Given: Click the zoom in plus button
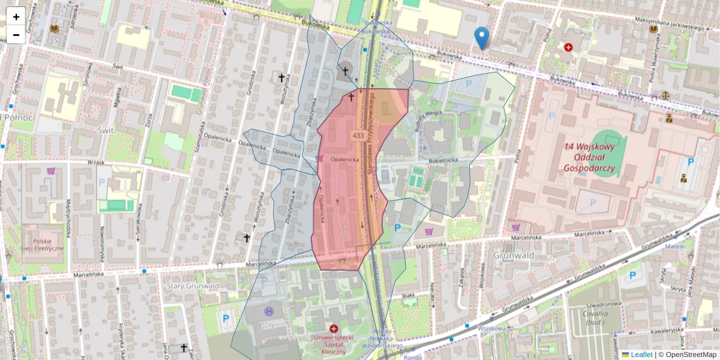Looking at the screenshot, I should point(16,17).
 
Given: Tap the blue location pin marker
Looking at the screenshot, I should point(481,38).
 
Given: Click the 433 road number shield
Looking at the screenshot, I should point(359,136).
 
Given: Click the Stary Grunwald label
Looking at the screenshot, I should point(193,286).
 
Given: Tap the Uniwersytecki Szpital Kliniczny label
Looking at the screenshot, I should point(334,344).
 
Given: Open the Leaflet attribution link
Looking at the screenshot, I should point(641,355).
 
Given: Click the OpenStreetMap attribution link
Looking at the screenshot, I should point(688,355).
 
